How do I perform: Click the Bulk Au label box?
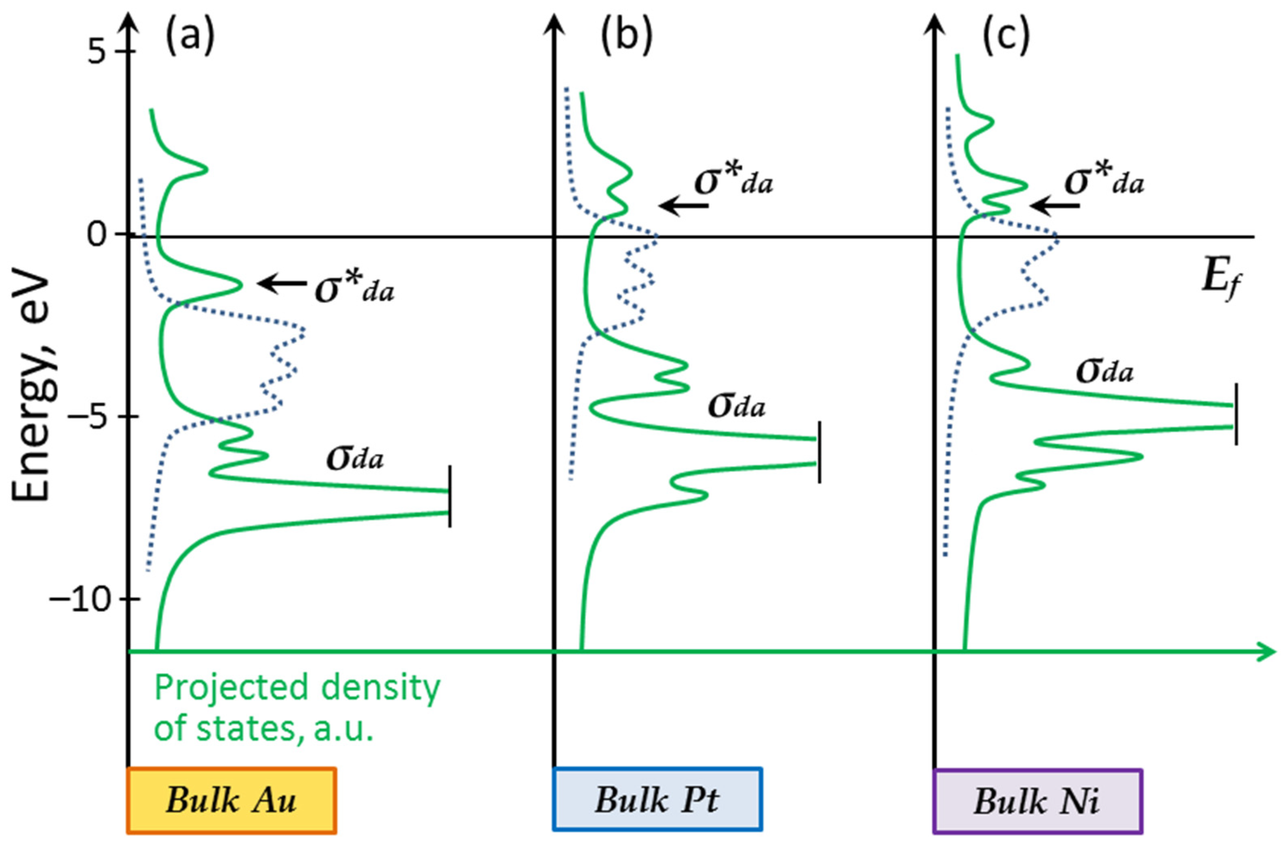232,800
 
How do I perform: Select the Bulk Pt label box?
657,800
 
